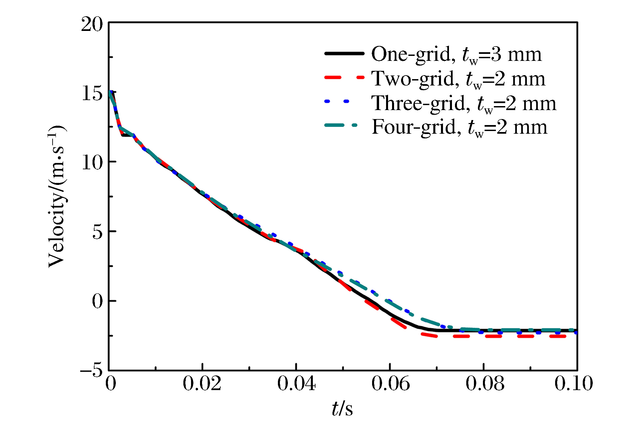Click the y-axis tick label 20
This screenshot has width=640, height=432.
click(x=92, y=25)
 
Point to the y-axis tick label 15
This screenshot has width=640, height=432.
click(x=92, y=93)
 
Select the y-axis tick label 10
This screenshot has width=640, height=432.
click(x=92, y=163)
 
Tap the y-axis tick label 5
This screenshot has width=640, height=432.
click(x=98, y=232)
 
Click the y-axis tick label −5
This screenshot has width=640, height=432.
click(x=92, y=370)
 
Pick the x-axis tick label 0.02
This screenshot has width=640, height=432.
click(x=202, y=384)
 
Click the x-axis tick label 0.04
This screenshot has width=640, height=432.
click(x=296, y=384)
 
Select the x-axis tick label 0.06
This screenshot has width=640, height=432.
click(x=390, y=384)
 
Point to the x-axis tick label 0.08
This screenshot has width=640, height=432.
click(x=485, y=384)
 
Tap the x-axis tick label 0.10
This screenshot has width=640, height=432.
click(x=573, y=384)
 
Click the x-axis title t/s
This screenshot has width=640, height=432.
click(x=342, y=409)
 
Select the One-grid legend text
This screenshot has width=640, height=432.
click(x=456, y=55)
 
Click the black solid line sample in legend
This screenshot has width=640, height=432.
click(x=344, y=53)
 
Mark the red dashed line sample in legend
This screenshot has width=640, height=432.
click(x=344, y=78)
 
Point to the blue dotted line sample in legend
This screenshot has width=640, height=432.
click(x=337, y=101)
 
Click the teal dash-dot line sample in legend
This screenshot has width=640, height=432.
click(x=341, y=125)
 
